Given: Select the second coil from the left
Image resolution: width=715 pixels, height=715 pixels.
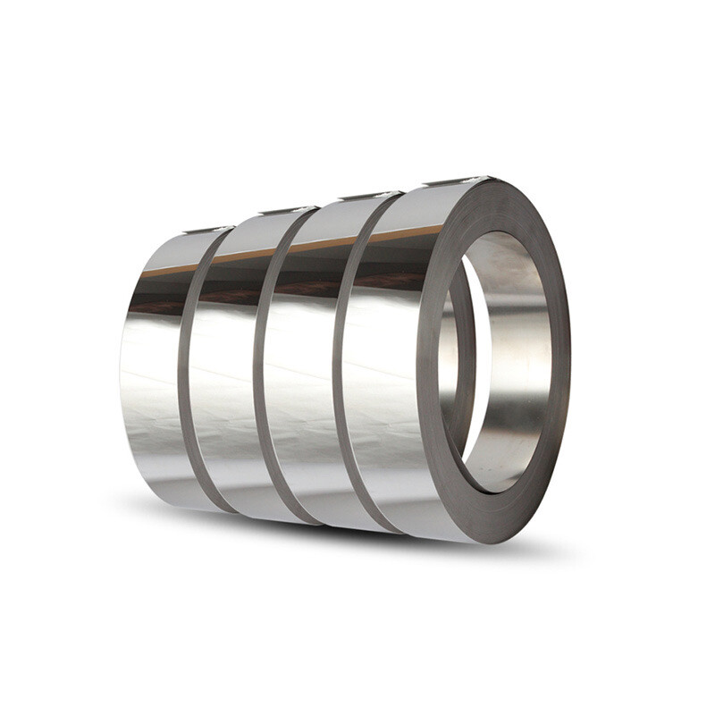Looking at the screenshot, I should [x=223, y=375].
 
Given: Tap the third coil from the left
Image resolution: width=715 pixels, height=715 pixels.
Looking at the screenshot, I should [x=299, y=375].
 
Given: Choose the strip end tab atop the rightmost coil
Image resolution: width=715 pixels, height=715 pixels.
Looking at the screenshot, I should [x=456, y=181].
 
